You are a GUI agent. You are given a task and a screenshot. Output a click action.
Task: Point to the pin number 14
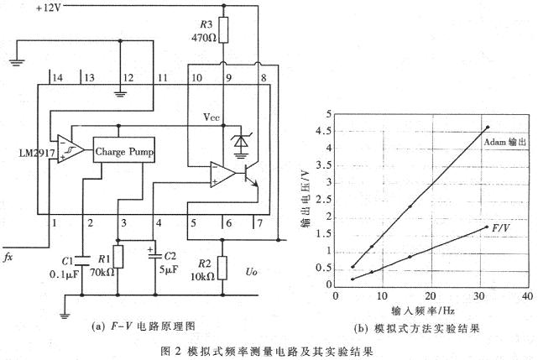pyautogui.click(x=57, y=78)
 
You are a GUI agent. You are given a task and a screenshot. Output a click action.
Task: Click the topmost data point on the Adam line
pyautogui.click(x=488, y=128)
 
